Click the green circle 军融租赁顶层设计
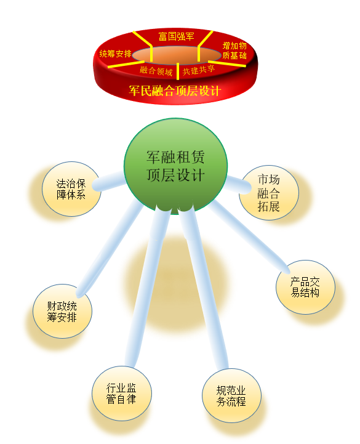click(x=175, y=166)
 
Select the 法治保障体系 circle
click(x=71, y=189)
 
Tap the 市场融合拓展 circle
click(x=269, y=193)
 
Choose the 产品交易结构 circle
click(x=305, y=287)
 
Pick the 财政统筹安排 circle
click(x=62, y=311)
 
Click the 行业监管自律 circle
click(x=122, y=394)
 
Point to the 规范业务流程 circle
click(x=231, y=395)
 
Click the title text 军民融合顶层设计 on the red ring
click(x=175, y=91)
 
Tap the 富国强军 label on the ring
click(x=176, y=36)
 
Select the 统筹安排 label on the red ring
click(x=116, y=54)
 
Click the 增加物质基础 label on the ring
click(x=234, y=50)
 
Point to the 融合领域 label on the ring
click(x=156, y=70)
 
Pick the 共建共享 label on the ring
click(x=199, y=70)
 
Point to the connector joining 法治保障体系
click(x=109, y=181)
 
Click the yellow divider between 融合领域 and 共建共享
click(x=178, y=71)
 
